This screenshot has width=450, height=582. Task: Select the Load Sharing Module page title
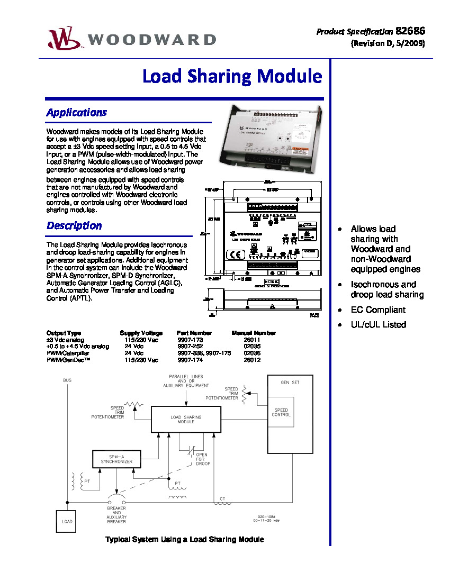pos(232,77)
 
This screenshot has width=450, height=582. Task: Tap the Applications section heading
pos(77,112)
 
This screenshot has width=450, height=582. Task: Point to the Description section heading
pos(74,225)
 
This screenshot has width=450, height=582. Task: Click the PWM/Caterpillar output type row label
pos(68,353)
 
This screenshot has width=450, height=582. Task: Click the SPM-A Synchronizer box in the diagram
pos(116,459)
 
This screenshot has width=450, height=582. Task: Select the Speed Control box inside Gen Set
pos(281,413)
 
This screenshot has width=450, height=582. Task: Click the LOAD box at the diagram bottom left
pos(67,522)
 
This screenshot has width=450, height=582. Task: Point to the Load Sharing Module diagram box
pos(186,420)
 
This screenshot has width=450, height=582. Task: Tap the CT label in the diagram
pos(222,499)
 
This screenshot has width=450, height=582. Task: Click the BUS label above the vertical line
pos(67,380)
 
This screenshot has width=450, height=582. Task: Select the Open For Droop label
pos(203,459)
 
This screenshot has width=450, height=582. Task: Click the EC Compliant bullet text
pos(378,310)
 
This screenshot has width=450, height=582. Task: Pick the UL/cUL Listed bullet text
pos(378,325)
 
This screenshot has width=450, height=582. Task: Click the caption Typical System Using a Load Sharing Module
pos(184,540)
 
